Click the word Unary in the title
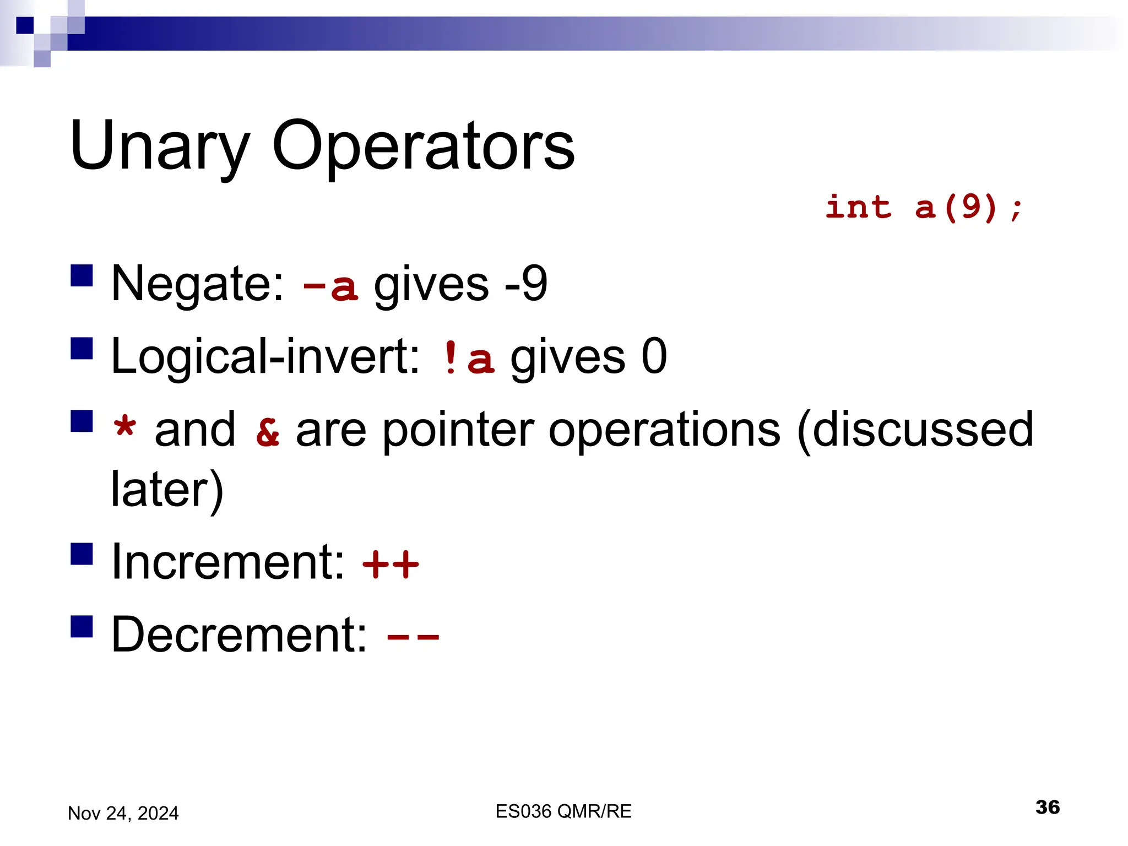point(160,147)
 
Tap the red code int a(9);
point(924,208)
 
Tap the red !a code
point(468,358)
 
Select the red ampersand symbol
point(268,432)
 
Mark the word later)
point(167,489)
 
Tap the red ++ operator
point(391,564)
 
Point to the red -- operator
point(413,637)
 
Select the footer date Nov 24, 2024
point(123,813)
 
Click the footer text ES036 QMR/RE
point(563,811)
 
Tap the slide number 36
point(1047,807)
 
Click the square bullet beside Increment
point(82,554)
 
